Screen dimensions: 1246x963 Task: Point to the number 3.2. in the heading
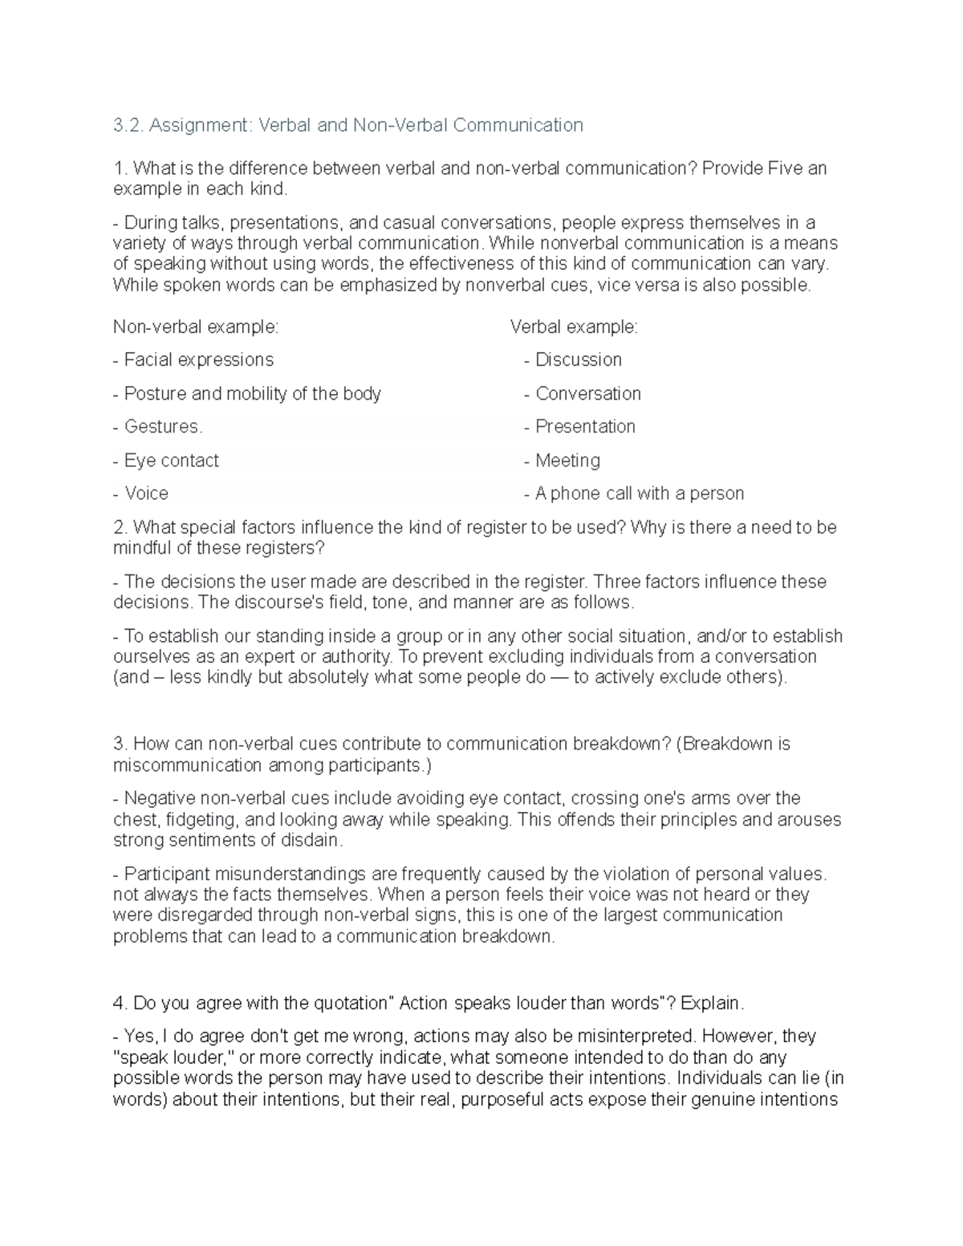[x=128, y=125]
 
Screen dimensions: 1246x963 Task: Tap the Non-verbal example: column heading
[x=196, y=327]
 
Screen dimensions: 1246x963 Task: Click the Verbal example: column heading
[x=574, y=327]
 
